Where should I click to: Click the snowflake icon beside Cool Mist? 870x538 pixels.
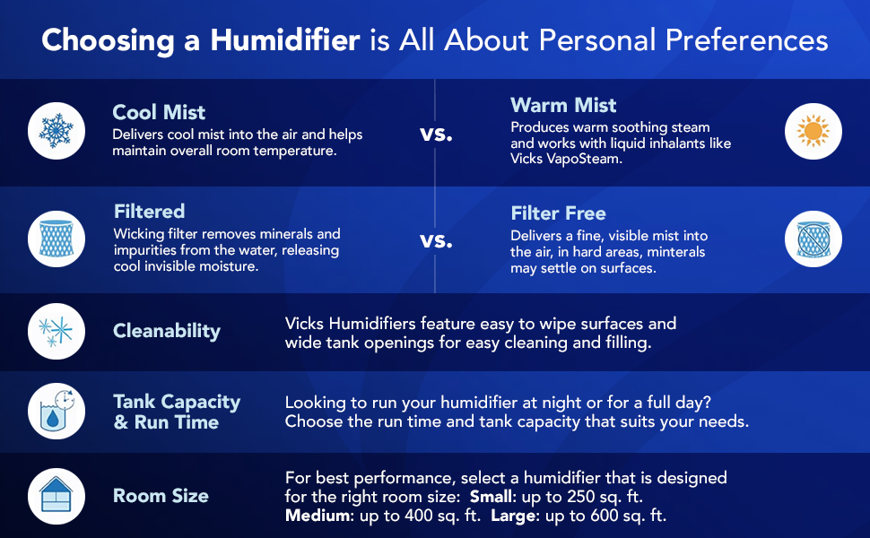pos(57,131)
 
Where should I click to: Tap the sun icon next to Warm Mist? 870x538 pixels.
pos(813,131)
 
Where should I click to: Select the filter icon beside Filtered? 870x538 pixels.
pos(57,239)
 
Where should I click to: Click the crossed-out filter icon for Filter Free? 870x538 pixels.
pos(813,239)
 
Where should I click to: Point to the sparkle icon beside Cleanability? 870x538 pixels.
pos(57,332)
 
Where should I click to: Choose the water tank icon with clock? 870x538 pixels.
pos(57,411)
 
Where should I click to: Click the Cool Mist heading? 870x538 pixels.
pos(159,112)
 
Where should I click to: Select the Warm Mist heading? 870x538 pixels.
pos(563,105)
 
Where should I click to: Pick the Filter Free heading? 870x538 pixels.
pos(558,213)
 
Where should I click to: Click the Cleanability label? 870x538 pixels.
pos(167,331)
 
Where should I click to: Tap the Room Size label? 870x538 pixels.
pos(161,496)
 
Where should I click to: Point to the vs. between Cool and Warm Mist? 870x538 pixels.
pos(436,134)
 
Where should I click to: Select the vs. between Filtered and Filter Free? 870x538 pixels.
pos(436,240)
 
